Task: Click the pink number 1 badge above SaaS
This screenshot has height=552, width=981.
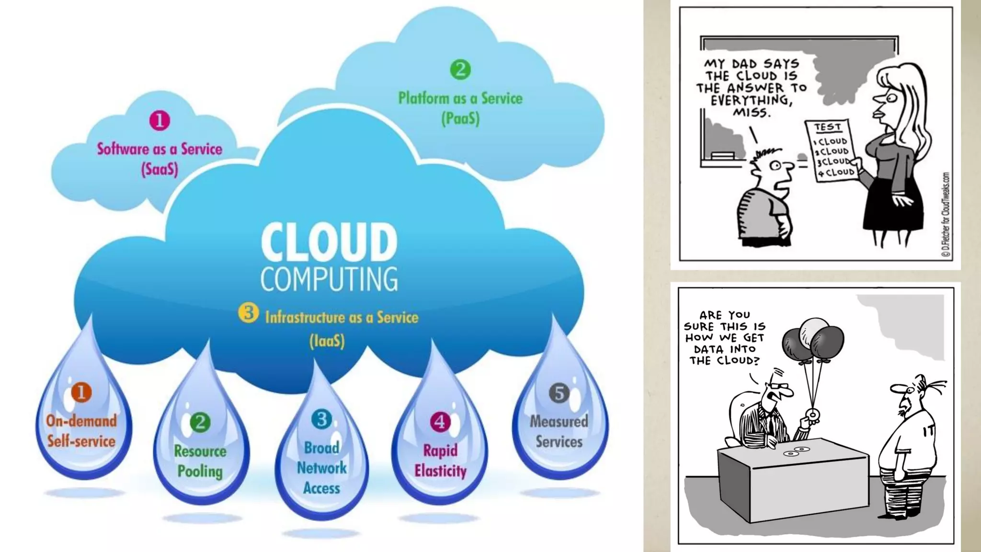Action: pyautogui.click(x=160, y=120)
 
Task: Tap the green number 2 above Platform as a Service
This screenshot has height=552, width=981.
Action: pyautogui.click(x=460, y=69)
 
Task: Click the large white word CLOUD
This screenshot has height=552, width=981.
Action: pyautogui.click(x=329, y=242)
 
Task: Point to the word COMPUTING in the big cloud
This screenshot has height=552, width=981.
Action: pyautogui.click(x=329, y=279)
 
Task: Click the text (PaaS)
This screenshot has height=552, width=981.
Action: pyautogui.click(x=460, y=118)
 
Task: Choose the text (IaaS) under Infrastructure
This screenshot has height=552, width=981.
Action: pyautogui.click(x=327, y=341)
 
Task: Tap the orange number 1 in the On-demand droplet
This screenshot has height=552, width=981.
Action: pyautogui.click(x=81, y=392)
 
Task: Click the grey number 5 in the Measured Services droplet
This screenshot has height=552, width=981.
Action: pyautogui.click(x=559, y=393)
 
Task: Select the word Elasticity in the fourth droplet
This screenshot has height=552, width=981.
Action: pyautogui.click(x=440, y=471)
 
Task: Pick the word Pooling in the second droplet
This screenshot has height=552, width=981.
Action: pyautogui.click(x=200, y=471)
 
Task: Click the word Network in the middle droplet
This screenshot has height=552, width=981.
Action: pyautogui.click(x=321, y=468)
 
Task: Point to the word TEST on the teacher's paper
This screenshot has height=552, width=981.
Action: pyautogui.click(x=828, y=127)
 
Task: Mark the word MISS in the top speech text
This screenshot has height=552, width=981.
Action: pyautogui.click(x=752, y=113)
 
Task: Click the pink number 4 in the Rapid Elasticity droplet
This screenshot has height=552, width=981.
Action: pyautogui.click(x=440, y=422)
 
